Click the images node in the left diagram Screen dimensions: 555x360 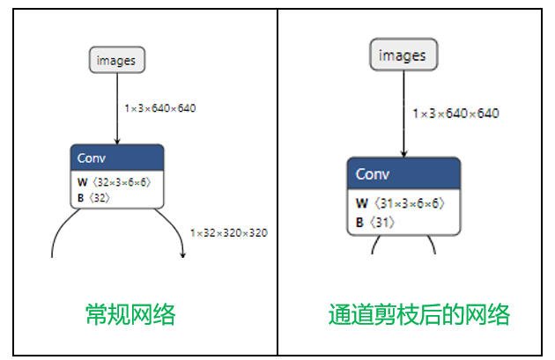116,60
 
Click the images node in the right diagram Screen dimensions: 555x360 402,55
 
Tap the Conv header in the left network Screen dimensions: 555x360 116,158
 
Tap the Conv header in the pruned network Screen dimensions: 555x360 403,173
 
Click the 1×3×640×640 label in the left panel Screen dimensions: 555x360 159,108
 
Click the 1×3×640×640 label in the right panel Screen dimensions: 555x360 456,114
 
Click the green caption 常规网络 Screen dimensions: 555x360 129,314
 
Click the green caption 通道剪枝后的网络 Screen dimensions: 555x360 419,314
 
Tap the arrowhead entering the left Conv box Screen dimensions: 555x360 116,140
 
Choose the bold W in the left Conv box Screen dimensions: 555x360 83,182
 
